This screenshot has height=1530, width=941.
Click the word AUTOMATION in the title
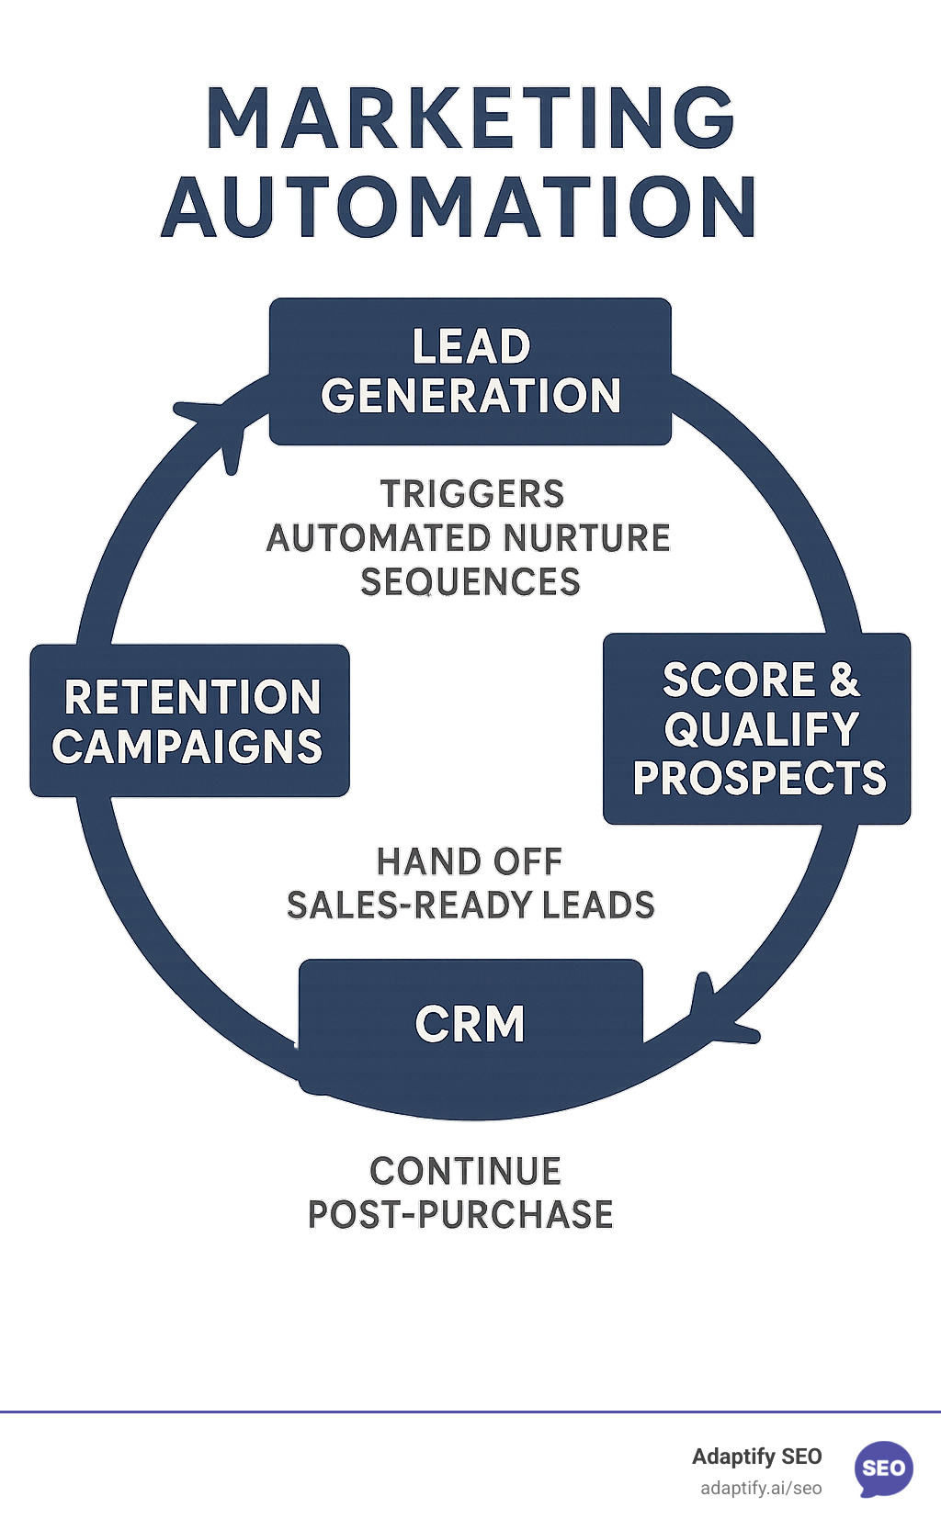459,207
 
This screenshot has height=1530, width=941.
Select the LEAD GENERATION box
470,371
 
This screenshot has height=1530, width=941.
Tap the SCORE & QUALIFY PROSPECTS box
757,728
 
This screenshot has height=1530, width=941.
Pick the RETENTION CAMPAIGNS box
189,721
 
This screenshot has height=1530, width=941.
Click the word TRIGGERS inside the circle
472,494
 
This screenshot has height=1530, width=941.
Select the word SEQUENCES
470,582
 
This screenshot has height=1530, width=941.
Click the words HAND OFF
470,861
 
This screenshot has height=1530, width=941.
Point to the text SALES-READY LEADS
470,906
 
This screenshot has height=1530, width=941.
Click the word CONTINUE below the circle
465,1171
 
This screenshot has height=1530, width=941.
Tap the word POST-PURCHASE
460,1214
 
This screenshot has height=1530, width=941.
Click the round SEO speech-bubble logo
883,1468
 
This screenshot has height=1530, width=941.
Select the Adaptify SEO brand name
756,1457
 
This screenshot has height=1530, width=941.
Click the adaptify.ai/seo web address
761,1488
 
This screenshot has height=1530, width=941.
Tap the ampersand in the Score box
844,681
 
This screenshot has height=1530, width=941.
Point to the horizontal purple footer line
470,1412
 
